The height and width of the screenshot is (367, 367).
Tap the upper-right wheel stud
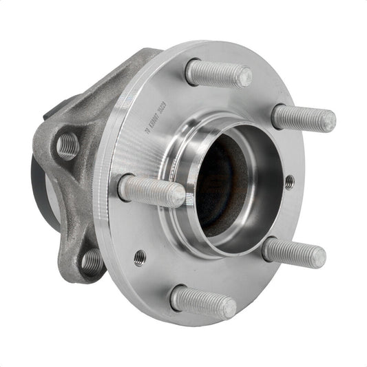click(x=303, y=118)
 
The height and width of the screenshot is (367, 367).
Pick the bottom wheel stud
click(x=203, y=302)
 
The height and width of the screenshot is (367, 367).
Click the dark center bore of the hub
click(x=219, y=189)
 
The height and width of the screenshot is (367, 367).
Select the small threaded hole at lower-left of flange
click(x=139, y=258)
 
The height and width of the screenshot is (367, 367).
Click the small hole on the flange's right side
click(x=289, y=182)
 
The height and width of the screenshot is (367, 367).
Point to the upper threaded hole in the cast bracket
click(x=67, y=145)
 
